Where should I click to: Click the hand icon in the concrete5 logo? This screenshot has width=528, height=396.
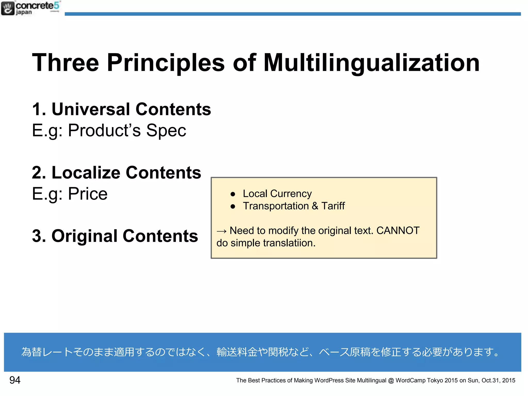tap(8, 8)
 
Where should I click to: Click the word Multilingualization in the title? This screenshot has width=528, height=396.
tap(372, 63)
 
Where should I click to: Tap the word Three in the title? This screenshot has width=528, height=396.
tap(65, 63)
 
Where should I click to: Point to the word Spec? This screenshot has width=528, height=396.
tap(166, 130)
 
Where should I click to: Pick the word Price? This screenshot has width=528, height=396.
tap(88, 194)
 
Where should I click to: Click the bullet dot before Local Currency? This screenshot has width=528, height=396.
tap(233, 194)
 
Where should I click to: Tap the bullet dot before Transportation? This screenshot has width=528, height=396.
tap(233, 207)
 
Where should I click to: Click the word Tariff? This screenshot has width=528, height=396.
tap(333, 206)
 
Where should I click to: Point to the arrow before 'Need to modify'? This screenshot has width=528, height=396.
tap(221, 231)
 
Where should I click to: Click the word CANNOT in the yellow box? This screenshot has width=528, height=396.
tap(398, 231)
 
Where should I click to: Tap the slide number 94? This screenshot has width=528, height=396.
tap(15, 380)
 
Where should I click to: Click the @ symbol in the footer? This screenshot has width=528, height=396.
tap(391, 381)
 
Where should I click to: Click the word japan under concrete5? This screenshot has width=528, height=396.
tap(24, 12)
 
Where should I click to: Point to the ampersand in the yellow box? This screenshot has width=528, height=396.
tap(315, 206)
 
